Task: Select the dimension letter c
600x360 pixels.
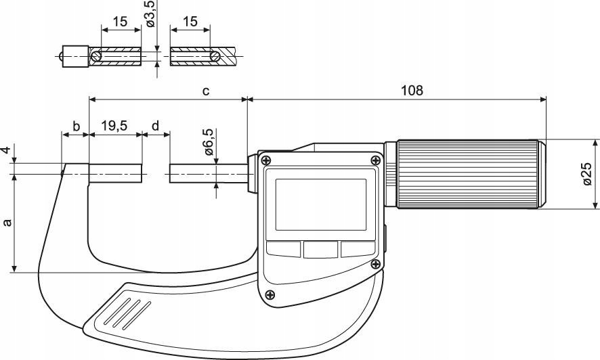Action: (x=205, y=91)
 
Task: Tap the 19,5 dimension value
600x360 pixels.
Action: (x=115, y=126)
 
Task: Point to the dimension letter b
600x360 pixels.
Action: (x=77, y=126)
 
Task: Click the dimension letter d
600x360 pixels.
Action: (x=156, y=126)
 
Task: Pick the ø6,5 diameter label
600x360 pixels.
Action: (x=208, y=142)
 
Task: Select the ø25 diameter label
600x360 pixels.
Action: (x=586, y=174)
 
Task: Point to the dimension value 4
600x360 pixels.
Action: (x=7, y=150)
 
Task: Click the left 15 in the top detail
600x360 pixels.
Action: (x=121, y=22)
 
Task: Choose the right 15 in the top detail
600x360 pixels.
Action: (x=190, y=22)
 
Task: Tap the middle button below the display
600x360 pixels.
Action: (x=320, y=250)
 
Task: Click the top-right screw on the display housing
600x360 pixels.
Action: (x=374, y=160)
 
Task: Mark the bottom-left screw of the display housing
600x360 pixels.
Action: (x=271, y=294)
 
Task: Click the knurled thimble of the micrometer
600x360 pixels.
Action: (x=469, y=175)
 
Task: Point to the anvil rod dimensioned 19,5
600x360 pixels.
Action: (x=116, y=173)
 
